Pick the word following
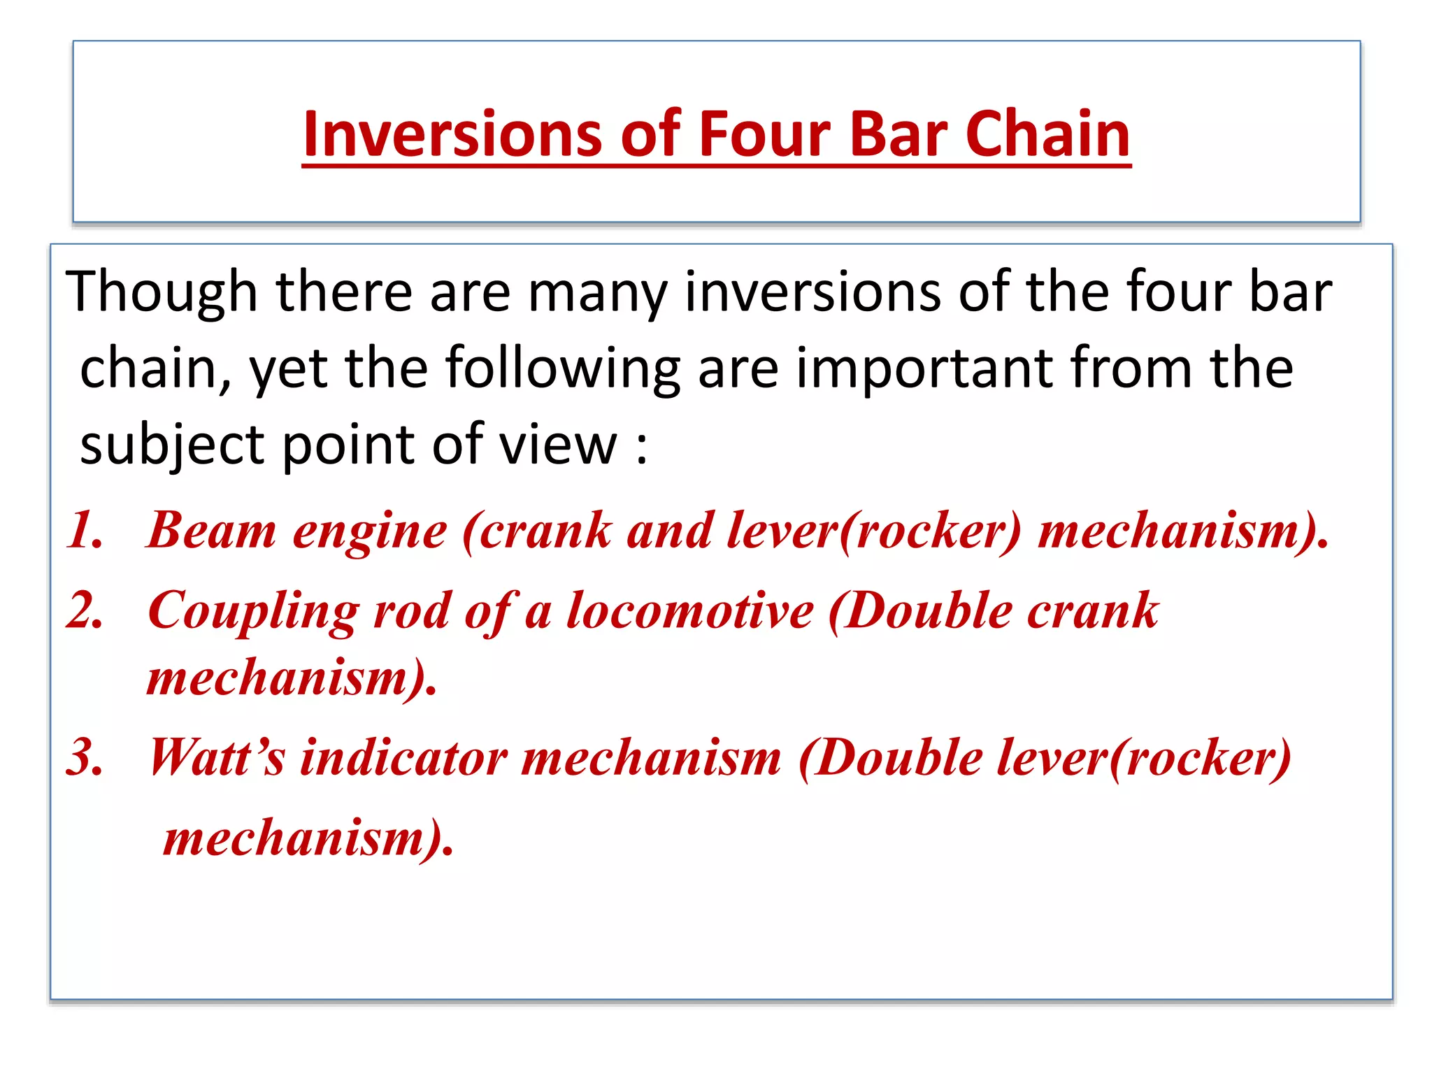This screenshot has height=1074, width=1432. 563,368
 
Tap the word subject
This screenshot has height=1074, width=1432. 172,445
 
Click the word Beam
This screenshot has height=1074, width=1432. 212,530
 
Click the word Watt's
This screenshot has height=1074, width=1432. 217,757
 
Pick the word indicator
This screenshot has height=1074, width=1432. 403,757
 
